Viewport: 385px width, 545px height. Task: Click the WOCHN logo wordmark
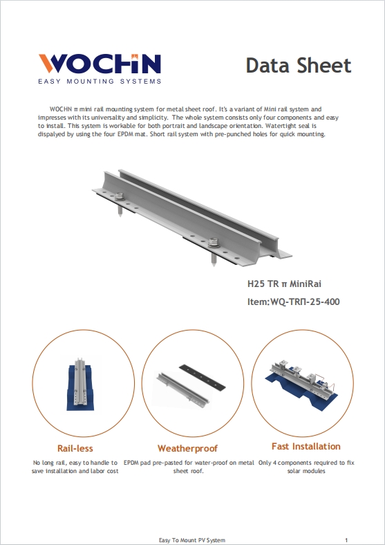[100, 64]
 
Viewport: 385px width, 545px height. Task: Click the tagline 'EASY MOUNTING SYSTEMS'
[100, 81]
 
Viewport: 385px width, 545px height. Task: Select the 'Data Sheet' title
[299, 66]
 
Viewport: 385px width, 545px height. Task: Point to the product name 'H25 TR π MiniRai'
[285, 284]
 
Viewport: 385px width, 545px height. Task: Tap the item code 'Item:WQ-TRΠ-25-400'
[293, 302]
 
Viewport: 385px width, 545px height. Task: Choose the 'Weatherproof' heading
[187, 448]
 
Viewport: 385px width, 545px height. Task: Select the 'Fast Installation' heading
[306, 446]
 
